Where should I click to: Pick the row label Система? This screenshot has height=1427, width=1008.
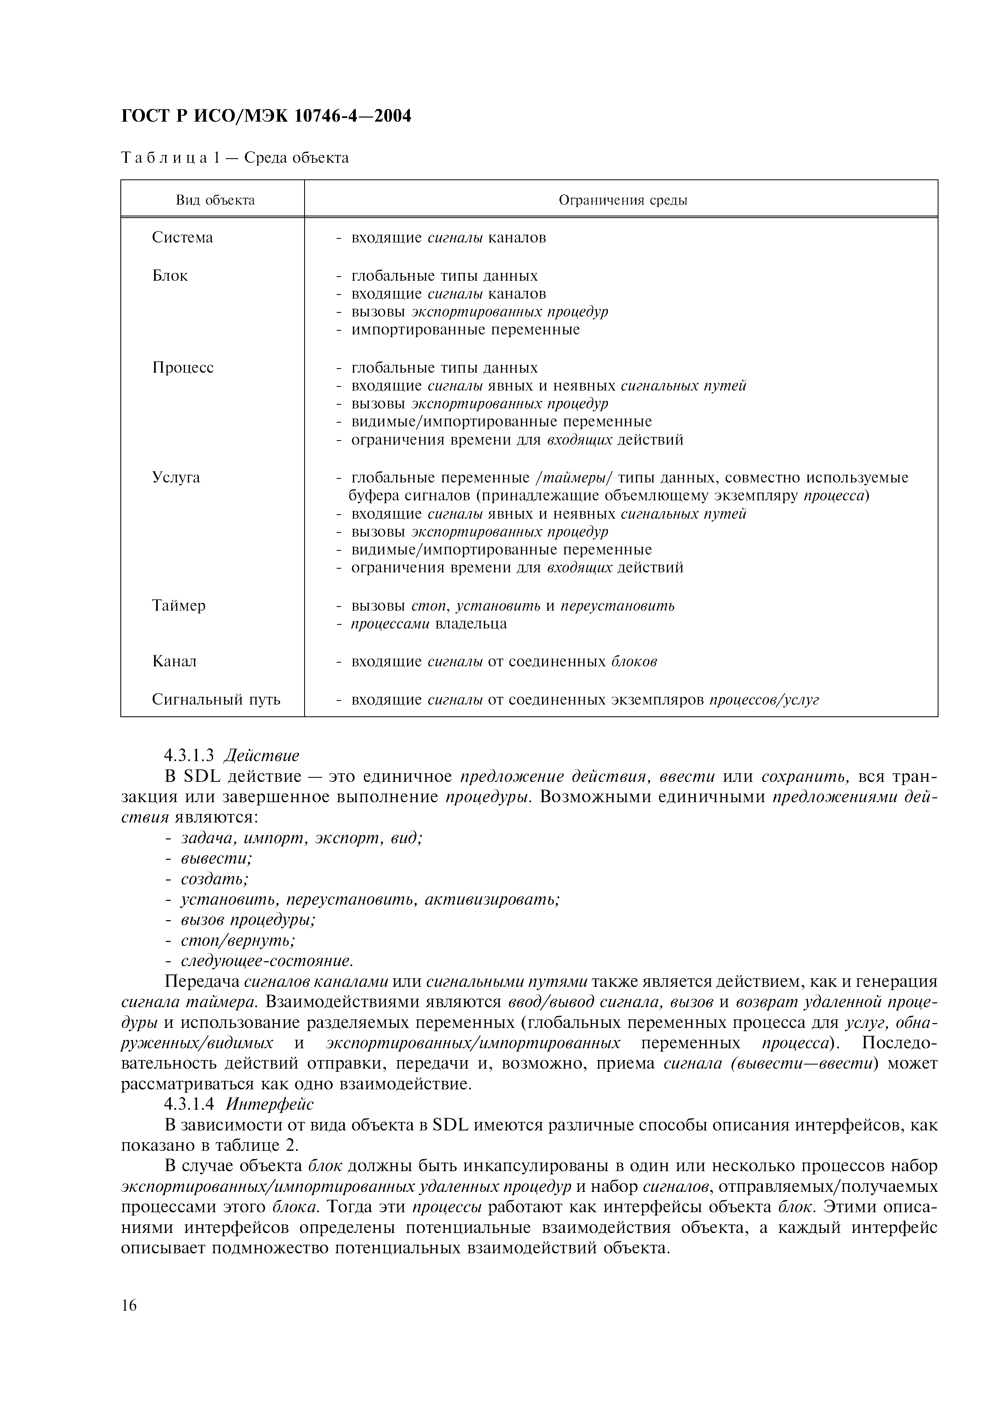click(x=182, y=238)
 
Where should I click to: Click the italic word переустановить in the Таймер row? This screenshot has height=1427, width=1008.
click(x=617, y=605)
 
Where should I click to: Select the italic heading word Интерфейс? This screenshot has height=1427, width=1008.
click(x=270, y=1104)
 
